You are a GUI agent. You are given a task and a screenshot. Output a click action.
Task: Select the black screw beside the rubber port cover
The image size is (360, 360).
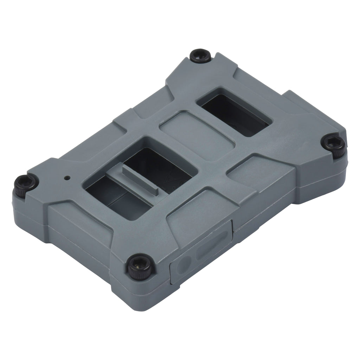pyautogui.click(x=138, y=266)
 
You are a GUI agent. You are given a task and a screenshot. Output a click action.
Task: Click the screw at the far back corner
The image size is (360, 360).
pyautogui.click(x=200, y=56)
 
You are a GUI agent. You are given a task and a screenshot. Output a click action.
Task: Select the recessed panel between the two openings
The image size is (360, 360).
pyautogui.click(x=197, y=135)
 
